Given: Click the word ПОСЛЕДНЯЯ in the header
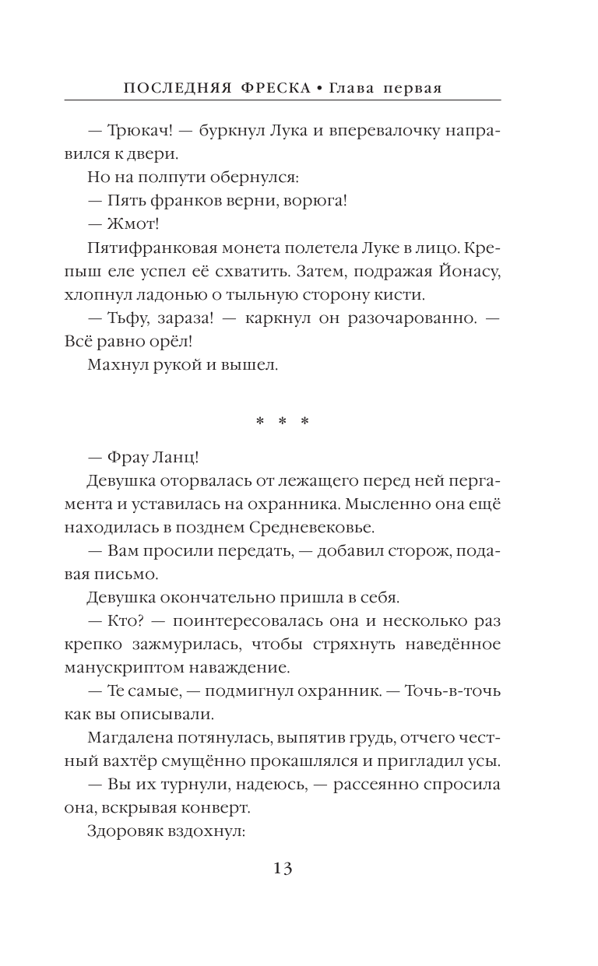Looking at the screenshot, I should coord(171,88).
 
